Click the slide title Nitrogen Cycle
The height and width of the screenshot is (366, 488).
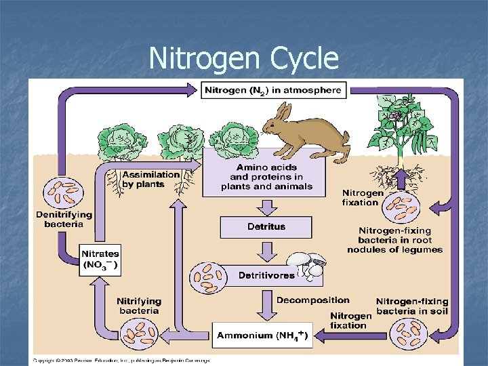[x=243, y=58]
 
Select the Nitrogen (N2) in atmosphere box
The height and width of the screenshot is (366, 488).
[x=273, y=89]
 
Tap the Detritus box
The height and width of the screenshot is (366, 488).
[x=266, y=226]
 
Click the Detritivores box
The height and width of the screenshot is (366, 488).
[x=266, y=275]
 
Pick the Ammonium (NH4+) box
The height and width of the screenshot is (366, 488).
[x=263, y=335]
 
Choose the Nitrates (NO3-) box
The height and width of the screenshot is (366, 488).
[x=100, y=260]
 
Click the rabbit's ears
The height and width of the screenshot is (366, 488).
[x=283, y=110]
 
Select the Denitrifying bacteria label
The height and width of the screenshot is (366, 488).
[x=64, y=219]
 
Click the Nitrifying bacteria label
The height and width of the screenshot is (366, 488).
[x=139, y=306]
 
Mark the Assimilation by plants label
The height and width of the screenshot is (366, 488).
[x=151, y=179]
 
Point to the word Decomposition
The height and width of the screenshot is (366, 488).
[x=312, y=300]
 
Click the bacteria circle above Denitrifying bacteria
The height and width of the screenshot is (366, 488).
[x=61, y=191]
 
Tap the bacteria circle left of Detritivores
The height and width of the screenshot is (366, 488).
[x=207, y=275]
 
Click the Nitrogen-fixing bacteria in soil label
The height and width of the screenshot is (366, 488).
[x=412, y=306]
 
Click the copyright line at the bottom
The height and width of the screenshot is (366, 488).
[x=122, y=361]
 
